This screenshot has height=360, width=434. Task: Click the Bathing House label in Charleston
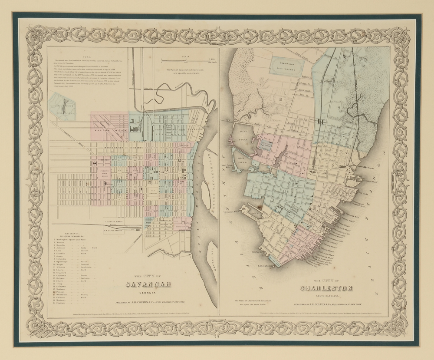(263, 266)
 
